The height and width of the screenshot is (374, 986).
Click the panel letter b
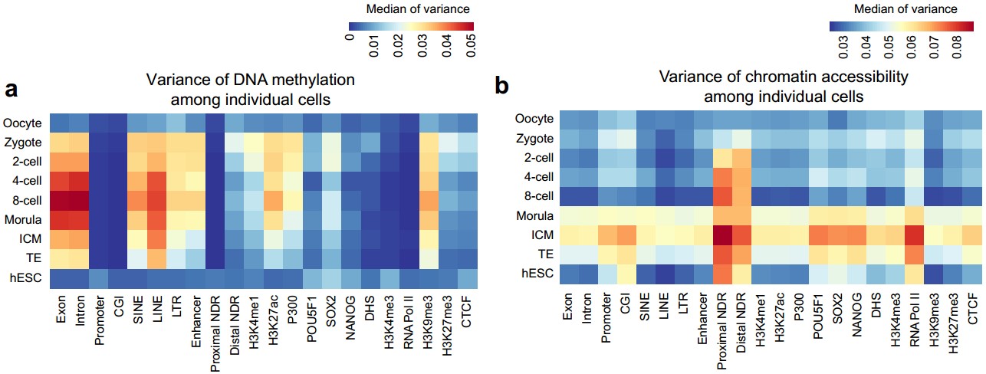(502, 87)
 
